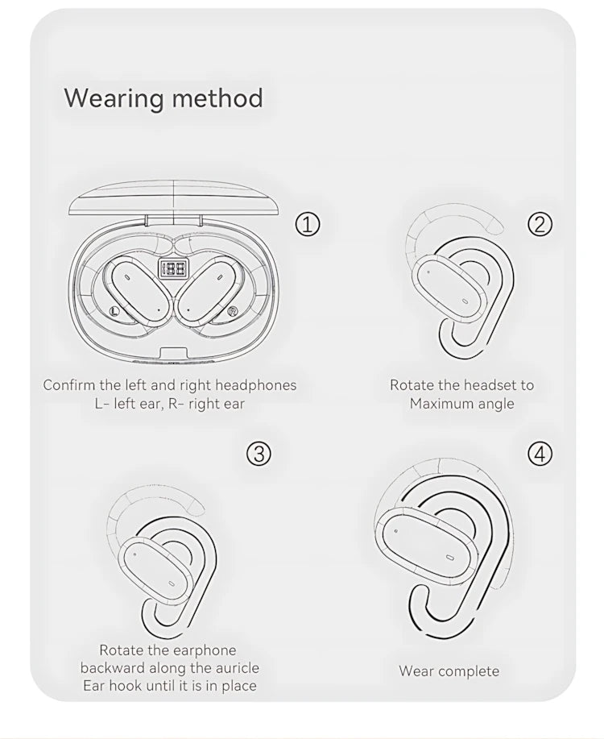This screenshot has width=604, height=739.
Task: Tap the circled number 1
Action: tap(307, 224)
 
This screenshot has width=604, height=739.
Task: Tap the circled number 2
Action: tap(540, 224)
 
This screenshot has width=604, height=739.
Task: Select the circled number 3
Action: tap(259, 454)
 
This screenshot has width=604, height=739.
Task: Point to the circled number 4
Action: tap(540, 454)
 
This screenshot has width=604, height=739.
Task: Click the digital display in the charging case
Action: tap(173, 268)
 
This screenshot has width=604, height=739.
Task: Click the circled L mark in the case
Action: tap(113, 310)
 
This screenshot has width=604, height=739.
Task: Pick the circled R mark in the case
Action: tap(232, 311)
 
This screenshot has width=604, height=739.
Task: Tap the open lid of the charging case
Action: tap(174, 201)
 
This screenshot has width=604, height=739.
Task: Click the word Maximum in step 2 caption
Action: tap(443, 404)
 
